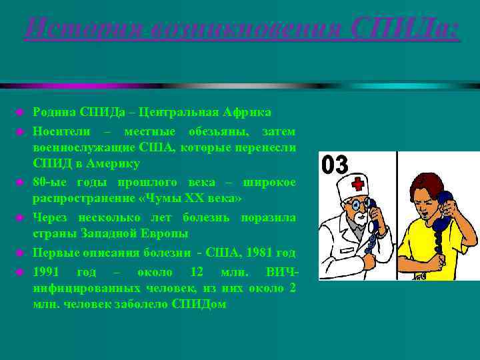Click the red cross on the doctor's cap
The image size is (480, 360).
click(x=359, y=183)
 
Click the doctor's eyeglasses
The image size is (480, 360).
click(x=359, y=202)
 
